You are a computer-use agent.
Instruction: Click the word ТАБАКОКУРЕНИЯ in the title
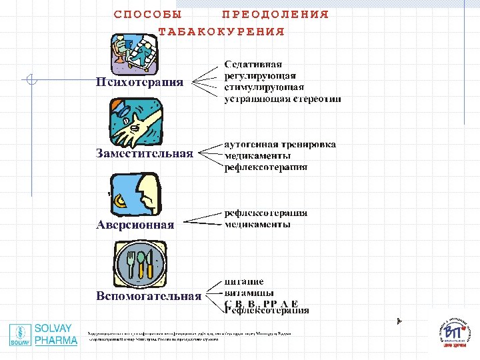(221, 31)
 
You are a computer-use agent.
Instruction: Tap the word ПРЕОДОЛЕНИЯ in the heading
(275, 14)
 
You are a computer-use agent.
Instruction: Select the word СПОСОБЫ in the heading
(147, 14)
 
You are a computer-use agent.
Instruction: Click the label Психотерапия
(139, 83)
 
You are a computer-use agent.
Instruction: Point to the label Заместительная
(145, 153)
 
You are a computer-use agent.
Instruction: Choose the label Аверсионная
(135, 225)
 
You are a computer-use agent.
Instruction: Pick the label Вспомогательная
(149, 296)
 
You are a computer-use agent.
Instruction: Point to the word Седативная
(253, 65)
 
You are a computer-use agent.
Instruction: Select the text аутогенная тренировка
(280, 144)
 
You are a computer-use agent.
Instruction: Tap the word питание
(244, 281)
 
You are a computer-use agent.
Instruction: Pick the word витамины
(249, 293)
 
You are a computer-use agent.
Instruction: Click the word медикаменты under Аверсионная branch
(257, 225)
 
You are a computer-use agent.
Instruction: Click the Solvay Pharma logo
(43, 335)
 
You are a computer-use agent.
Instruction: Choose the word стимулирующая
(264, 87)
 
